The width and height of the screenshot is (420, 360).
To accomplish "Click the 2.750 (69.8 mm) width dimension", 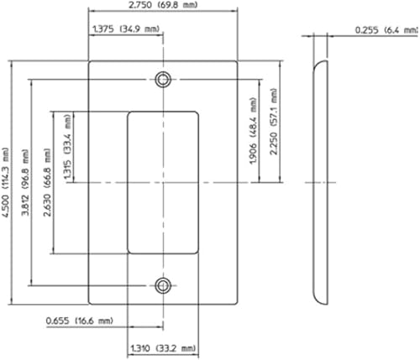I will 164,7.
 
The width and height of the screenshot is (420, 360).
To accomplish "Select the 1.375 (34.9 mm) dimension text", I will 123,29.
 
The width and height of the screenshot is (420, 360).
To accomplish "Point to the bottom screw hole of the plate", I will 163,285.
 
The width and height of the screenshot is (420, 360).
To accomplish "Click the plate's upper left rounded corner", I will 91,63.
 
